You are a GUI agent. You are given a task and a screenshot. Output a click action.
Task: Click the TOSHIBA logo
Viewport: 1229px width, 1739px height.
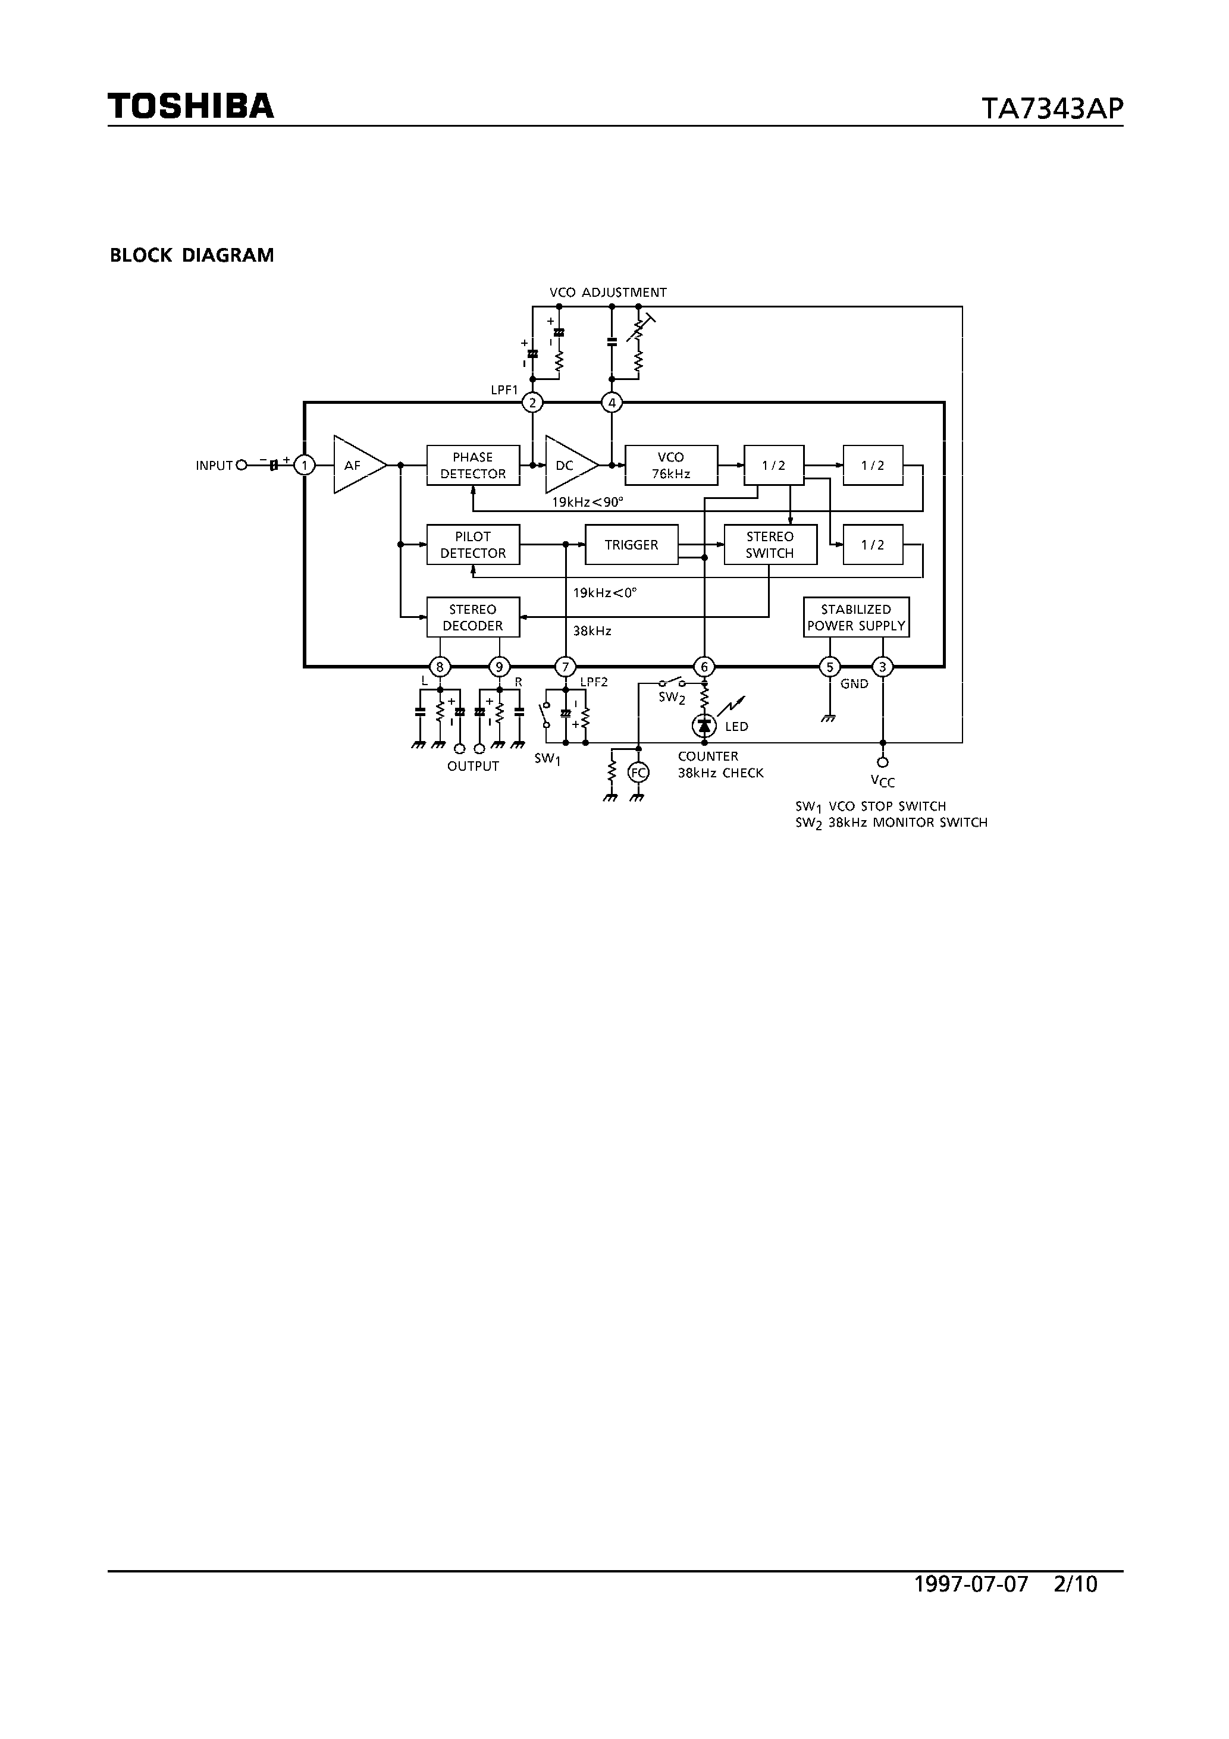(190, 106)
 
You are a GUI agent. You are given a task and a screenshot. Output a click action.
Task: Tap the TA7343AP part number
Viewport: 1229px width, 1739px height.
(1052, 109)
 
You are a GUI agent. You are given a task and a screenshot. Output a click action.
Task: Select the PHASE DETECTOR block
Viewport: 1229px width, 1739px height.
(473, 465)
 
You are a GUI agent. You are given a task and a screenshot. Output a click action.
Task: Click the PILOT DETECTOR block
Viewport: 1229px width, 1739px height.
(473, 545)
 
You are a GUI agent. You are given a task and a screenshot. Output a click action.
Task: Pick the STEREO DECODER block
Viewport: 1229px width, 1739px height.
(473, 617)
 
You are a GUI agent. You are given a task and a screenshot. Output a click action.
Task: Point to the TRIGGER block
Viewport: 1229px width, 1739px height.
(631, 545)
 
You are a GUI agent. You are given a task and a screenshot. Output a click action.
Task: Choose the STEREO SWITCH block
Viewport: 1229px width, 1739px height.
(770, 545)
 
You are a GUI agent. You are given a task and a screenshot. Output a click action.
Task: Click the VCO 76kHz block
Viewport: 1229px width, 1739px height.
(670, 465)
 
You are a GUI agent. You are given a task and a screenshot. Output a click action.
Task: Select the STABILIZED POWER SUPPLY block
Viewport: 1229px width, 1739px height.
(856, 617)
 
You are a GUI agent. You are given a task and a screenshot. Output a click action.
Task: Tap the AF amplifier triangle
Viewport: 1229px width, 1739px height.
(355, 465)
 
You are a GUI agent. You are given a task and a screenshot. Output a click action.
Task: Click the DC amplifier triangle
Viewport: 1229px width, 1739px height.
(567, 465)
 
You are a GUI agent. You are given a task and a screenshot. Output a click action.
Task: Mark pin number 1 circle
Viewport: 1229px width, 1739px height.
(305, 465)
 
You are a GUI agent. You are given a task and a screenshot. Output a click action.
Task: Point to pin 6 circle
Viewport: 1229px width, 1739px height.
(704, 667)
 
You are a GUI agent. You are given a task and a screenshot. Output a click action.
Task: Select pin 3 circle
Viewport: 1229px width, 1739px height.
(882, 667)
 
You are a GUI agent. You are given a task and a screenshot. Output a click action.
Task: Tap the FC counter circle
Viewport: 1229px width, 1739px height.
(638, 773)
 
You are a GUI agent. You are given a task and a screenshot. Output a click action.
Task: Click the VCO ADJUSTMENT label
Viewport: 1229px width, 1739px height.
(608, 293)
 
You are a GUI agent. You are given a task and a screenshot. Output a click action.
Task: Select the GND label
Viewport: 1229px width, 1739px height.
(854, 684)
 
